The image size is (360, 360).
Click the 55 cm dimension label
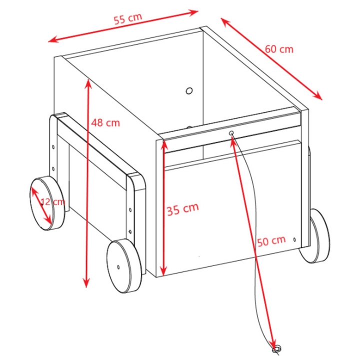click(128, 18)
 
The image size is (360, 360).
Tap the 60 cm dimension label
click(279, 49)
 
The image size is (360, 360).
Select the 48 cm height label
click(105, 123)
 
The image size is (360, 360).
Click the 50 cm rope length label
click(271, 241)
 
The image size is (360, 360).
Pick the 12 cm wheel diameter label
click(53, 202)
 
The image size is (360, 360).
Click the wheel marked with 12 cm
click(47, 203)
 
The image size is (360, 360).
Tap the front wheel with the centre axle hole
click(124, 266)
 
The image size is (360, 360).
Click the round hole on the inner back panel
click(189, 91)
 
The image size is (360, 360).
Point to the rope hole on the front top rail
click(231, 133)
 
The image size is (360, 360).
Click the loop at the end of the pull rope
click(276, 349)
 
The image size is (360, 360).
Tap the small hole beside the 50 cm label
click(294, 239)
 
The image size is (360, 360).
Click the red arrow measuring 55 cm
click(123, 26)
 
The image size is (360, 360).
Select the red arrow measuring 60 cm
click(271, 59)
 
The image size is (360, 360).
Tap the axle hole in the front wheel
click(118, 267)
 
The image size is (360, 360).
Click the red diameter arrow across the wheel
click(41, 205)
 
